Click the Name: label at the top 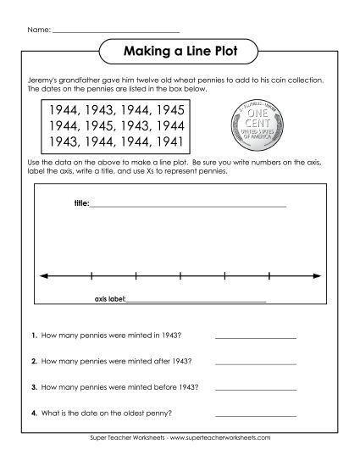point(39,31)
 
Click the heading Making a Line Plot point(180,53)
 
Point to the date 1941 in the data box point(170,141)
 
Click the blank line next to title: point(187,206)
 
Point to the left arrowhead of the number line point(42,275)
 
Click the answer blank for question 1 point(255,337)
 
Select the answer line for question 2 point(255,363)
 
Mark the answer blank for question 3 point(255,389)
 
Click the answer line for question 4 point(255,415)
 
